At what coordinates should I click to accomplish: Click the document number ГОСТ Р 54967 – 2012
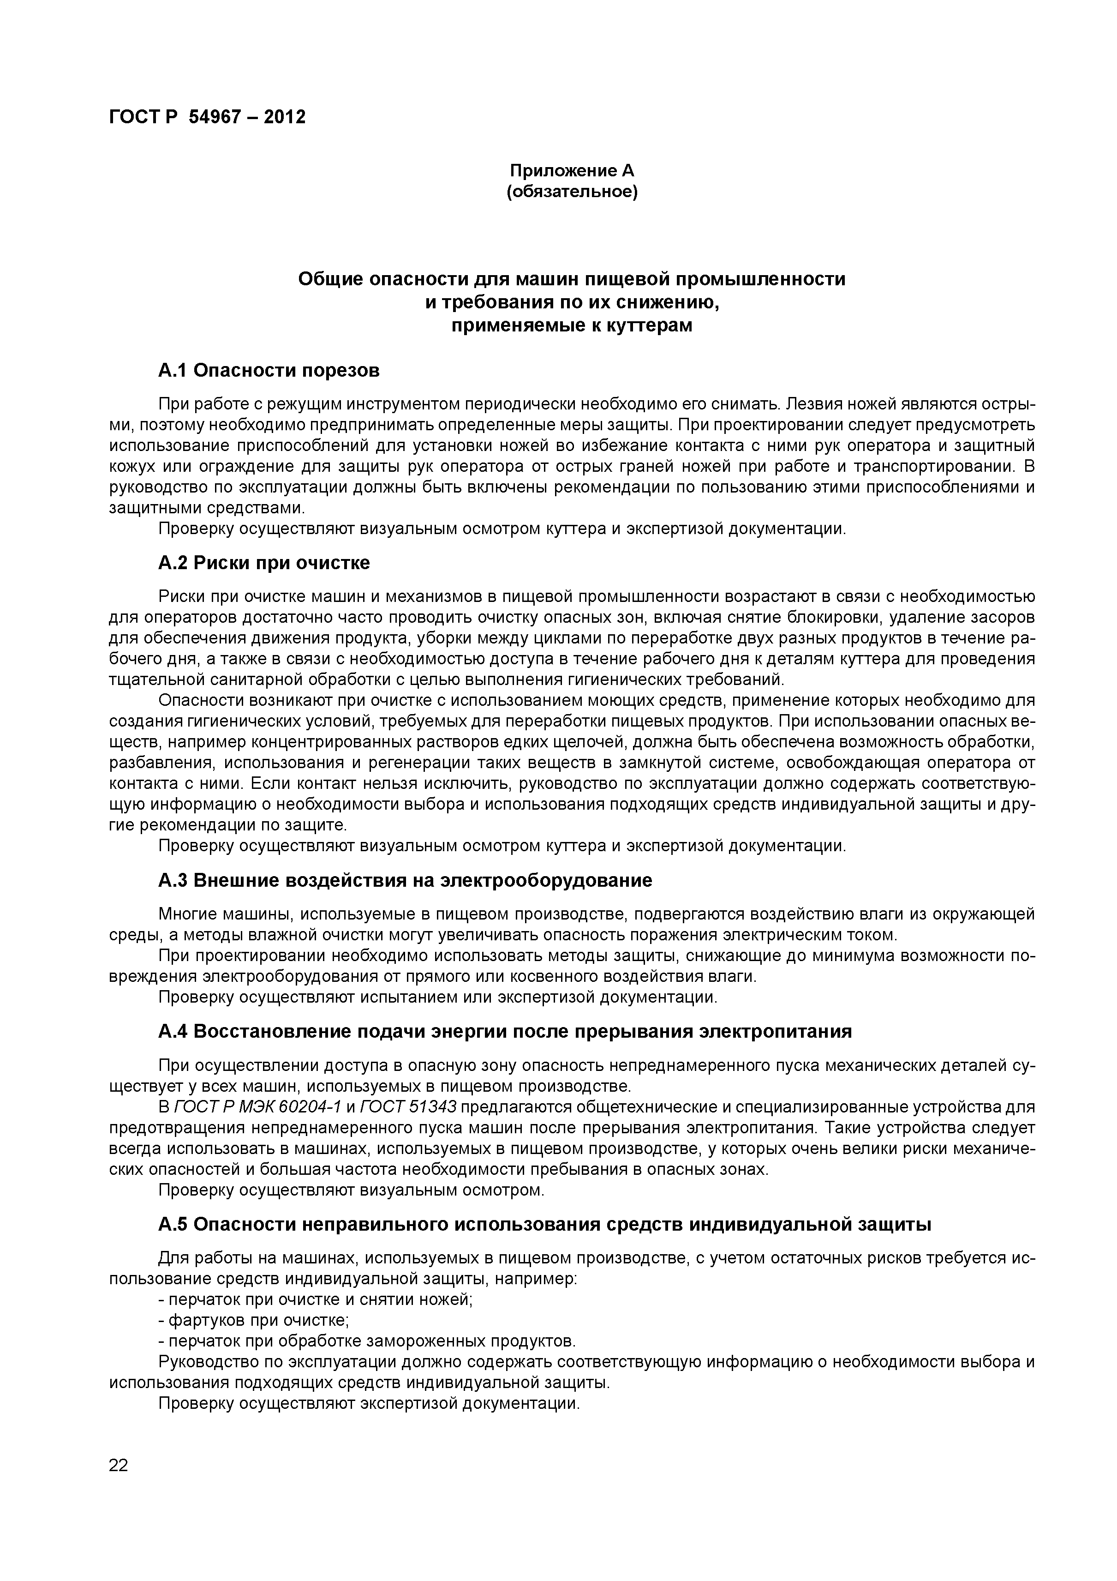point(207,117)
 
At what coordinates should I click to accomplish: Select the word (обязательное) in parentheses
point(572,192)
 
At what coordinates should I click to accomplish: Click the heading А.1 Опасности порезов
point(269,371)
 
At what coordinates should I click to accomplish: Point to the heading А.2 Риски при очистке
point(263,563)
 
